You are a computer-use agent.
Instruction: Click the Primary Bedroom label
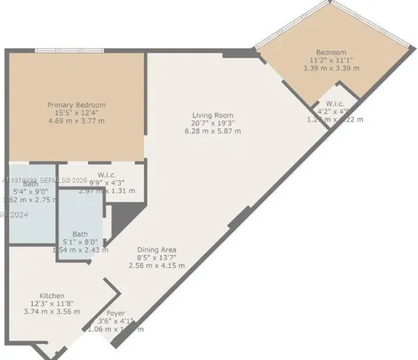tap(71, 105)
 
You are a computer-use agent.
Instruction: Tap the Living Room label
tap(212, 114)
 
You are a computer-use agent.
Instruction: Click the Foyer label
tap(116, 313)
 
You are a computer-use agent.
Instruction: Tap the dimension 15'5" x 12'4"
tap(71, 114)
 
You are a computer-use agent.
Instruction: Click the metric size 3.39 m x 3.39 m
tap(332, 69)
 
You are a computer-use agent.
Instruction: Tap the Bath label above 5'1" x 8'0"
tap(79, 233)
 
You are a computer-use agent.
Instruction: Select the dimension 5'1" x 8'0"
tap(80, 242)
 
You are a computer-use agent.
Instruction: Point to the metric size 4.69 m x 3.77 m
tap(71, 122)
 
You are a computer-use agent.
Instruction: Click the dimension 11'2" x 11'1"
tap(332, 60)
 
